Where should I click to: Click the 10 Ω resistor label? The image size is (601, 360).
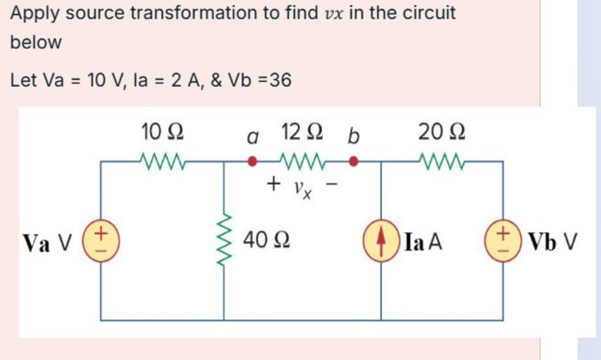click(x=162, y=130)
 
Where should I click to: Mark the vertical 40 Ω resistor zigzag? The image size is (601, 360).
click(x=225, y=242)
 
